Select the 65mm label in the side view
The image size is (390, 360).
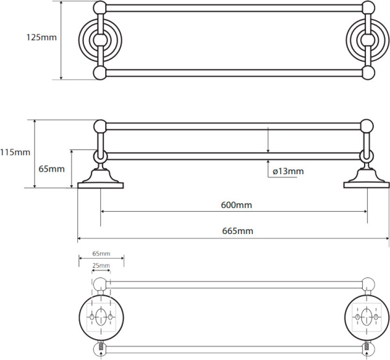pos(51,169)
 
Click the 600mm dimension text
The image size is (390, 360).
pos(236,205)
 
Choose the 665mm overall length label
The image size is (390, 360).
pos(237,231)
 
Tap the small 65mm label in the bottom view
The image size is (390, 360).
pos(101,253)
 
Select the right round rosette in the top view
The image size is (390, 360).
pos(363,40)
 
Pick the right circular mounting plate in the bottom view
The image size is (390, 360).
pos(367,318)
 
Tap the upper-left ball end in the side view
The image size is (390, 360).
pos(100,125)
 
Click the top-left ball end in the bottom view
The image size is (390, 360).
pos(100,283)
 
